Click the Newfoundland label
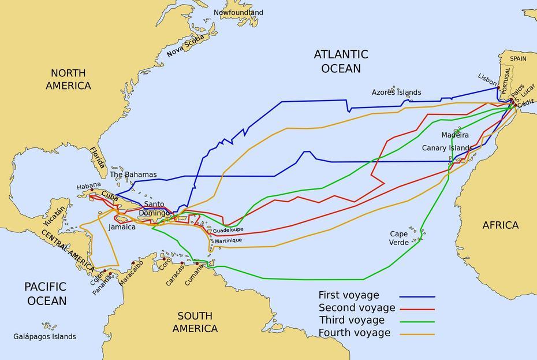(x=238, y=12)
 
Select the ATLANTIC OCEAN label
(x=340, y=61)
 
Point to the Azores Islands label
(x=396, y=92)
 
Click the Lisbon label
(x=487, y=77)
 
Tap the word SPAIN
(x=518, y=58)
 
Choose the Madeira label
(x=455, y=135)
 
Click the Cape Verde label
(x=399, y=238)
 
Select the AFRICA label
(x=500, y=225)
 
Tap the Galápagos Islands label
(x=44, y=336)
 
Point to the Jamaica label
(x=122, y=227)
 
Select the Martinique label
(x=229, y=240)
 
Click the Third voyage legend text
(x=351, y=320)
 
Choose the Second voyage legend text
(x=356, y=307)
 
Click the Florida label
(x=98, y=161)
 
